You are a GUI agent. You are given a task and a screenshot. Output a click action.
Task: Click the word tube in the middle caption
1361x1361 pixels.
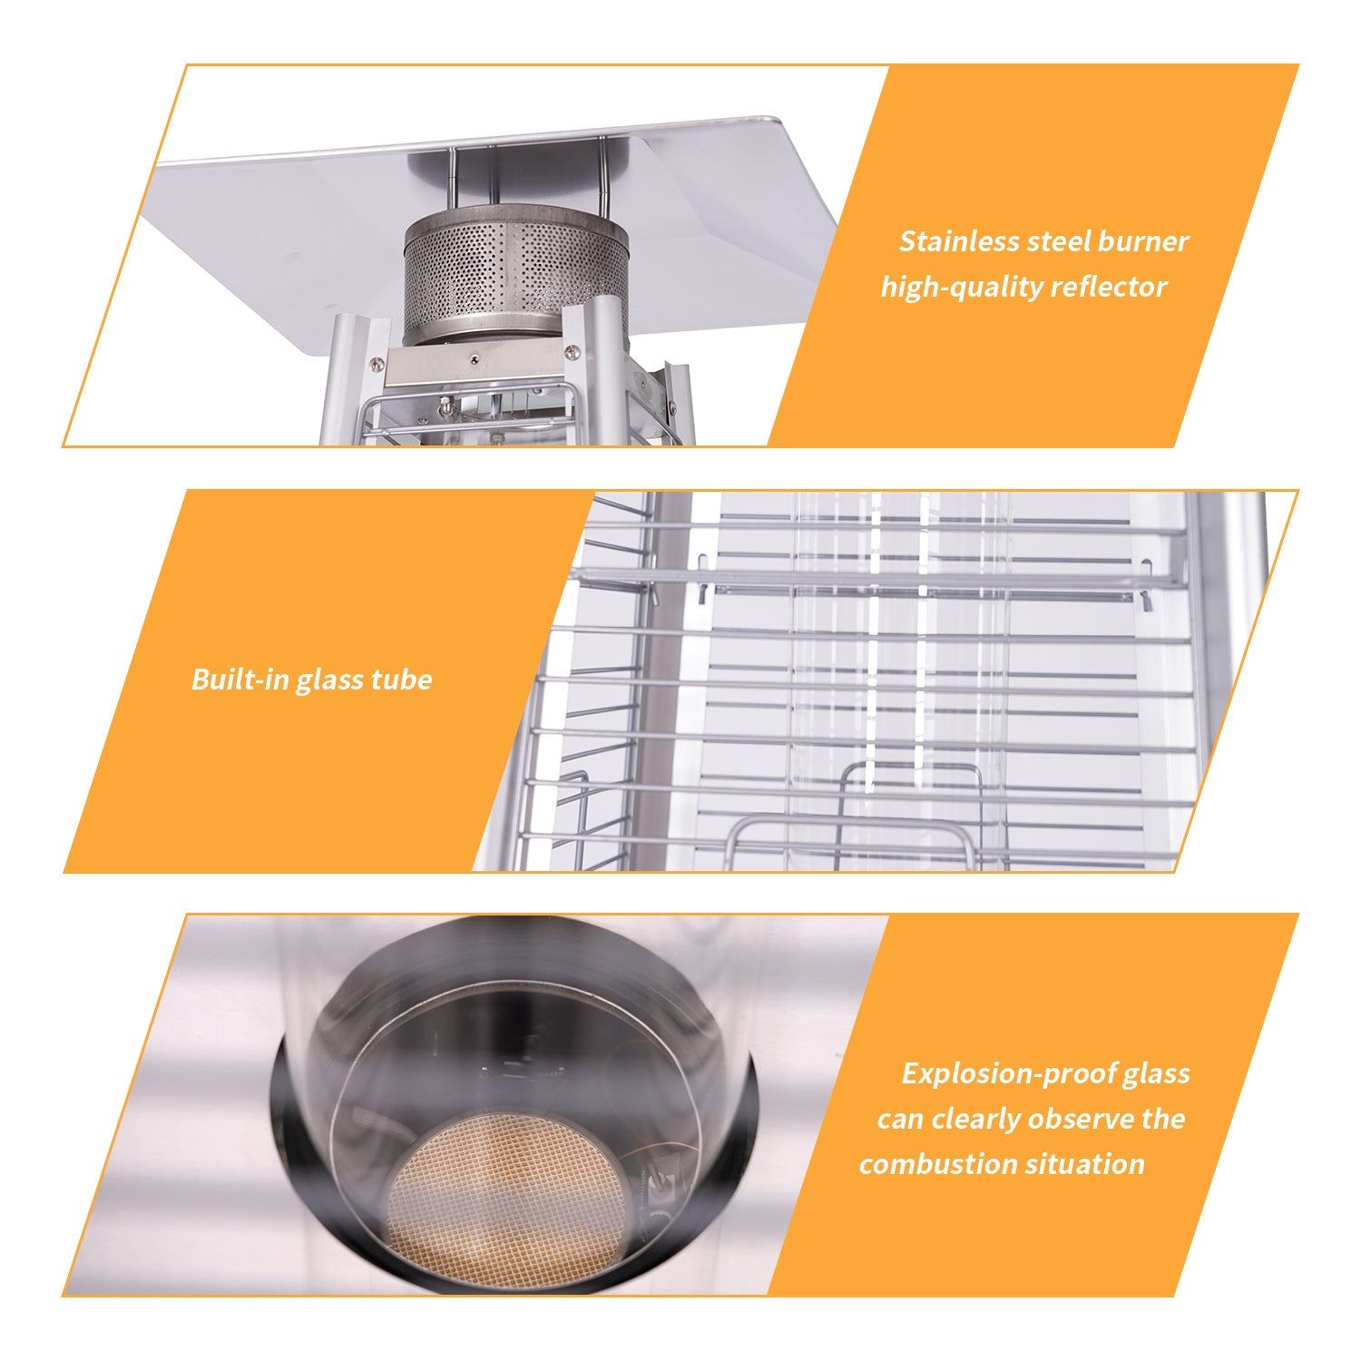coord(402,680)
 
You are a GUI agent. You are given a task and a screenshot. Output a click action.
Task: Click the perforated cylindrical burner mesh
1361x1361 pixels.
coord(516,275)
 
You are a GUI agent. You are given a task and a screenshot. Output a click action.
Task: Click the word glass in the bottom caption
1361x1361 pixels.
coord(1156,1075)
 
